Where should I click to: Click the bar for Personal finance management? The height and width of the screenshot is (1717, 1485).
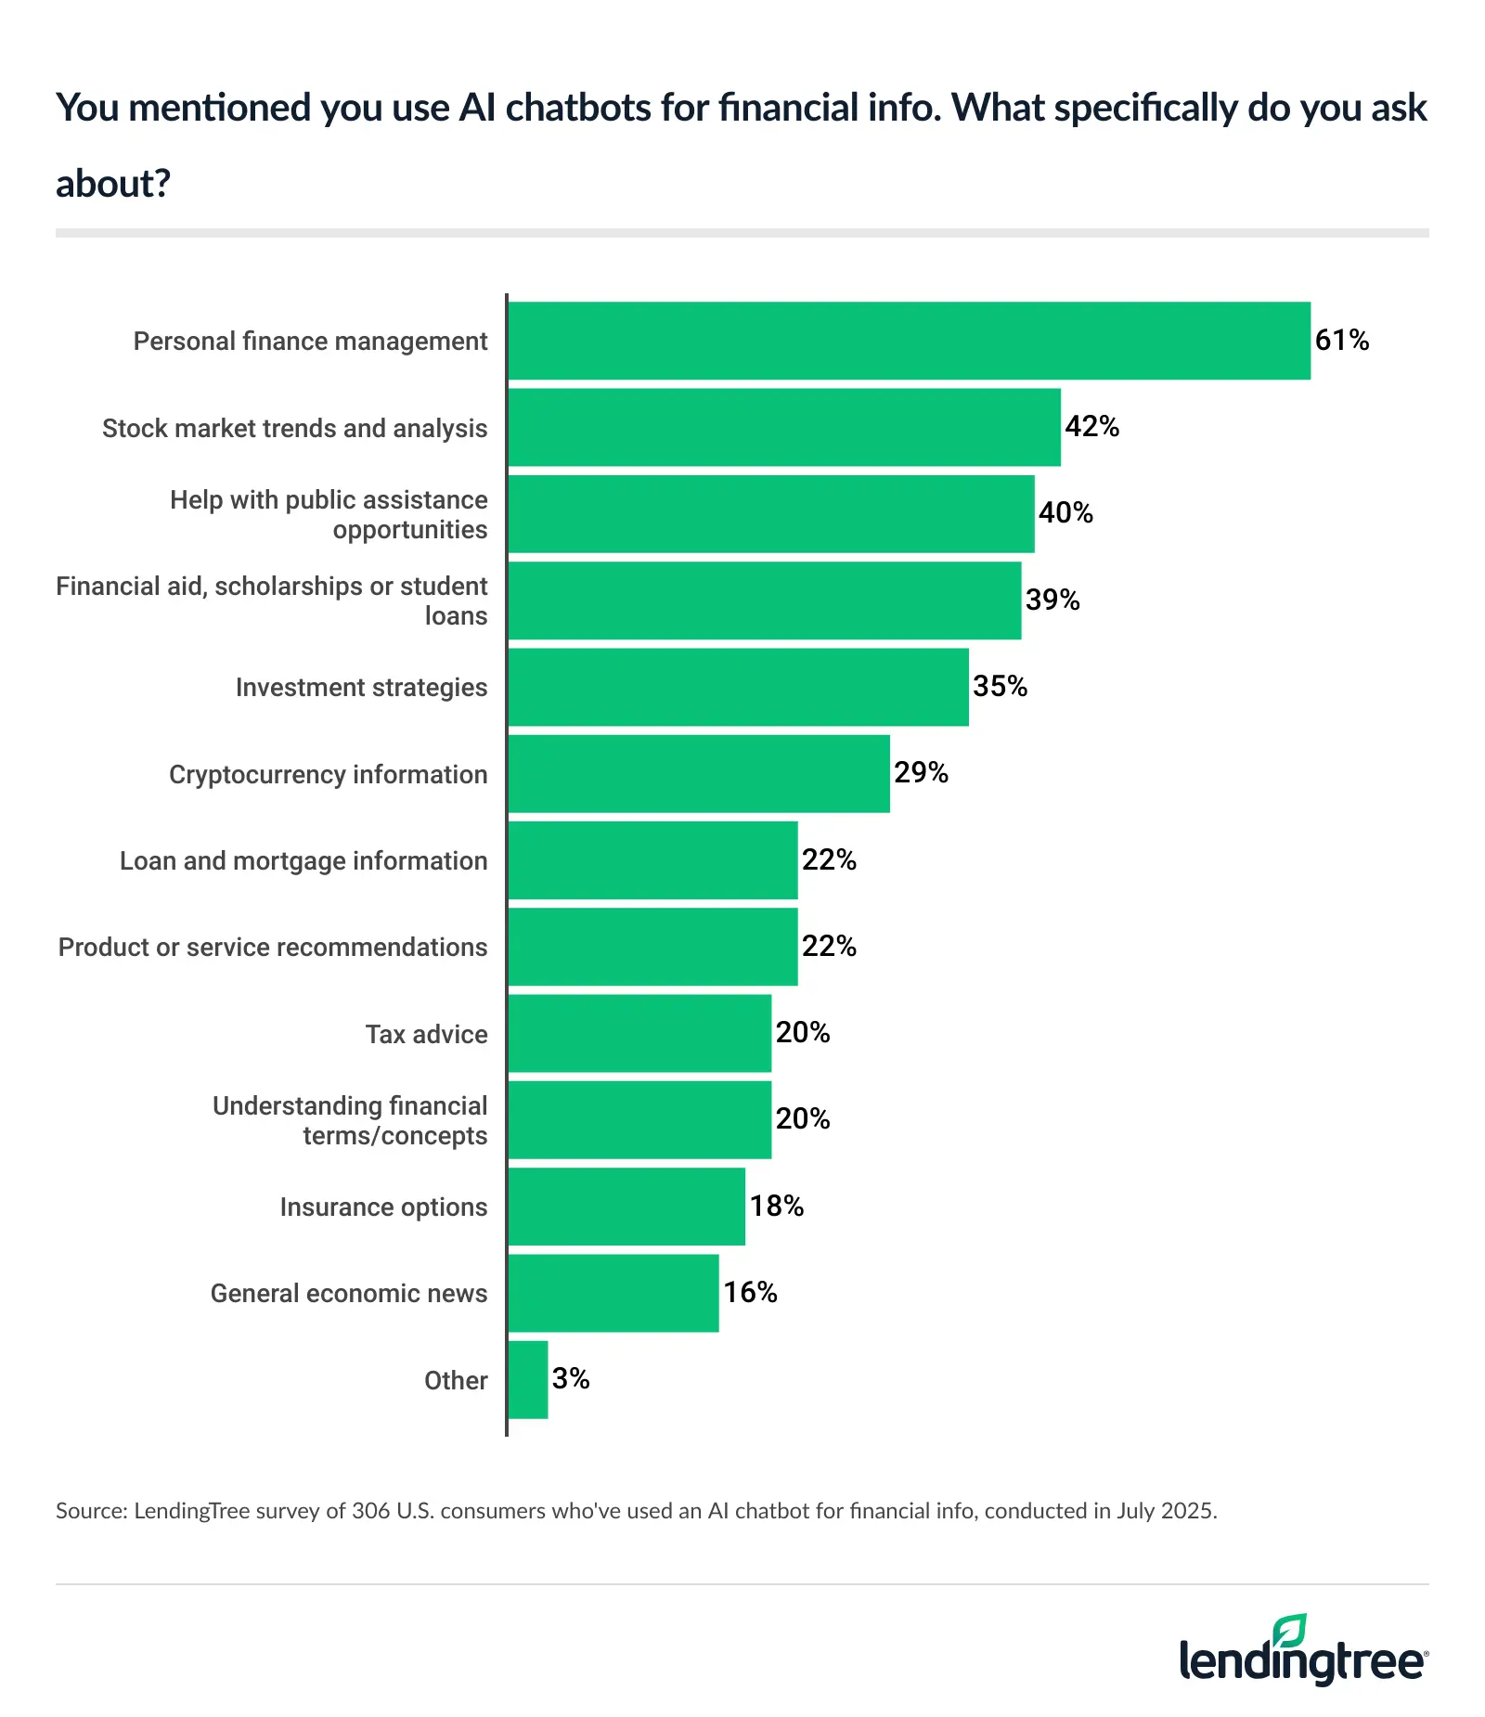tap(910, 341)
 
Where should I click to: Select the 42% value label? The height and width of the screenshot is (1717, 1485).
tap(1091, 427)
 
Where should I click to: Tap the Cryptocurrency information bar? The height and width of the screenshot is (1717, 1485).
tap(698, 774)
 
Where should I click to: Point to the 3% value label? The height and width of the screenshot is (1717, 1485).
tap(571, 1379)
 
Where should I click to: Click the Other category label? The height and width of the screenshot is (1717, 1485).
tap(456, 1381)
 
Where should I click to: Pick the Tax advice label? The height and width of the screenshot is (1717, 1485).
tap(426, 1034)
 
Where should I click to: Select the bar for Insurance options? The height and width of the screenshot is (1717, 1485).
tap(626, 1207)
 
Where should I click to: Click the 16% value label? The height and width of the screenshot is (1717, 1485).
tap(750, 1293)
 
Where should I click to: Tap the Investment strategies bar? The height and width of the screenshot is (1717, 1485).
tap(738, 687)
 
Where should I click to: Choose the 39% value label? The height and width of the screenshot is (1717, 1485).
tap(1052, 600)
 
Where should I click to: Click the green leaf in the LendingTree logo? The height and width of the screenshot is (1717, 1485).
tap(1290, 1632)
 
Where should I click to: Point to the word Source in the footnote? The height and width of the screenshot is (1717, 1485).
tap(91, 1511)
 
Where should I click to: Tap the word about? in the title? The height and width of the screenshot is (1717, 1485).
tap(113, 184)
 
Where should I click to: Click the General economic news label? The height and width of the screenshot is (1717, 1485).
tap(349, 1294)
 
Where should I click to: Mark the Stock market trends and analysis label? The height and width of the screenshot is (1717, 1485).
tap(294, 429)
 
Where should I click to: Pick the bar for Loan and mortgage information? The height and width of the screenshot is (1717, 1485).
tap(652, 860)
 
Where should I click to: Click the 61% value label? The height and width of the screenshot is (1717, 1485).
tap(1342, 341)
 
